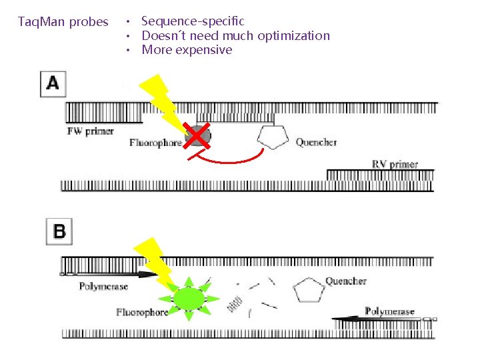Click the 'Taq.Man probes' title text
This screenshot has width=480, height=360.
click(x=63, y=22)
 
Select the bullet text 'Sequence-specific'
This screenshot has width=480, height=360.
click(x=193, y=22)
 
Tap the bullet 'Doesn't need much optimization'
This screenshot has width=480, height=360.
click(x=235, y=36)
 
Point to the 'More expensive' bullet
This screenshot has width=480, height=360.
click(x=187, y=50)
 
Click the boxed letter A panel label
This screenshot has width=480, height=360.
click(x=53, y=84)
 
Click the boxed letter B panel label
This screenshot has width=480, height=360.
click(x=59, y=231)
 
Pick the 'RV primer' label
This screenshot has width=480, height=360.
click(x=395, y=164)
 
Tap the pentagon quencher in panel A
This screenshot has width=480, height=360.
click(x=273, y=137)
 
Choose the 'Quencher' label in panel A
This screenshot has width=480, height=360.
click(x=316, y=143)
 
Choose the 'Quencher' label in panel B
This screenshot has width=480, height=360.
click(x=346, y=281)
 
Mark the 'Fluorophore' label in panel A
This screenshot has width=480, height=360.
click(x=155, y=143)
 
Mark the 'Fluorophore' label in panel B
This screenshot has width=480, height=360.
click(x=142, y=312)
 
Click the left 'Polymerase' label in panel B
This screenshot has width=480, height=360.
click(x=103, y=287)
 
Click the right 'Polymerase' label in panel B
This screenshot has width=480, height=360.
click(x=389, y=311)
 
